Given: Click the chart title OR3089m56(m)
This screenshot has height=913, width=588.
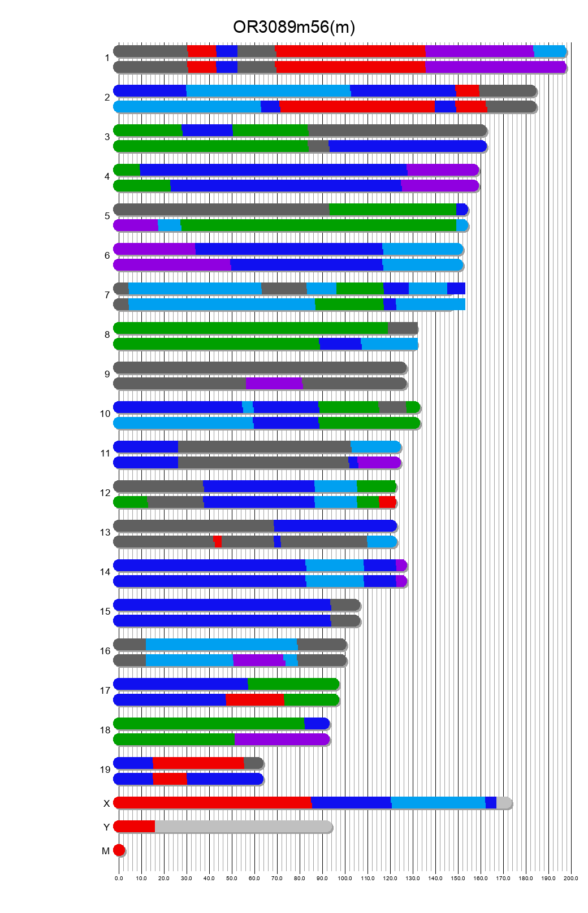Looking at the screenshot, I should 294,27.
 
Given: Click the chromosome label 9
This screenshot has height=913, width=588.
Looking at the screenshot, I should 107,375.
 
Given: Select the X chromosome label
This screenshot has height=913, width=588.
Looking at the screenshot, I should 106,803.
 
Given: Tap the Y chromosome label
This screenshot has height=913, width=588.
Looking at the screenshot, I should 106,828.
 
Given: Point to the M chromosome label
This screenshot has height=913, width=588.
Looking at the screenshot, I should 106,851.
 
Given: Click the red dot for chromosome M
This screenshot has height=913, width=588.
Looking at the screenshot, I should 119,850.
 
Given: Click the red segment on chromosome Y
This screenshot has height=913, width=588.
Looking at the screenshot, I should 135,827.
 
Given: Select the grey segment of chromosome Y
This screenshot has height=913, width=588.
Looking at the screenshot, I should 243,827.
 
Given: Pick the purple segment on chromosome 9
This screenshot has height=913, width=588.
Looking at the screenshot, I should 274,384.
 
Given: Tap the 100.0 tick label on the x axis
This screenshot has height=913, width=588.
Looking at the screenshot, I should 345,879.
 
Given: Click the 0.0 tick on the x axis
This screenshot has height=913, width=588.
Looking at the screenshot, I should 119,879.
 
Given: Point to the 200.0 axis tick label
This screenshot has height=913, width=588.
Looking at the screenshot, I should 571,879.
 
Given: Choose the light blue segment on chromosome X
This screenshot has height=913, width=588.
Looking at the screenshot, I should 438,803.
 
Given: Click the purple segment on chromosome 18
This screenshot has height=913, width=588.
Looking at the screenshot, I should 282,740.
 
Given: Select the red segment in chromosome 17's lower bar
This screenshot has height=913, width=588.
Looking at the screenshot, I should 254,700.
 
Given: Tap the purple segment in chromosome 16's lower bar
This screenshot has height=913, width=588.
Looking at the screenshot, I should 258,660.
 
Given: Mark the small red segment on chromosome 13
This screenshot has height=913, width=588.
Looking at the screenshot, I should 218,542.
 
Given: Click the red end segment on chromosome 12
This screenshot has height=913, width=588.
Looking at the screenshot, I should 387,502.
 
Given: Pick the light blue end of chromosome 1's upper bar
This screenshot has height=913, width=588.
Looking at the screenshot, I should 550,51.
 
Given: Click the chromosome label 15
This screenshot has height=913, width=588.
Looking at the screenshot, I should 105,612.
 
